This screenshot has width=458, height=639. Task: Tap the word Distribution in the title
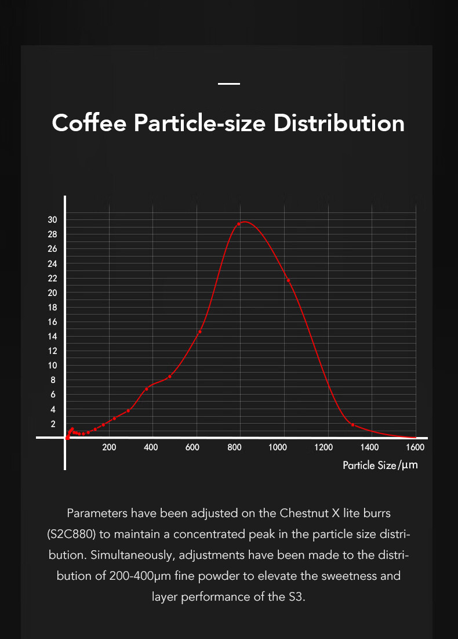click(x=339, y=123)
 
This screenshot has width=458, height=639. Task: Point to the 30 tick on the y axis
click(x=52, y=219)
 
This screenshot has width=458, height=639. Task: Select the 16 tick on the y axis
click(x=52, y=322)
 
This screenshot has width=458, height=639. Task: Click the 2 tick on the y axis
click(x=53, y=424)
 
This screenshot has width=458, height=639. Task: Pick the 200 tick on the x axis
click(x=109, y=447)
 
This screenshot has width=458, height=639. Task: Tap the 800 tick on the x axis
click(x=235, y=447)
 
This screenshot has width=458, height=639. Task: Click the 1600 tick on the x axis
click(x=415, y=447)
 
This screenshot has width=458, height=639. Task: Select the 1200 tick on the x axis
click(x=323, y=447)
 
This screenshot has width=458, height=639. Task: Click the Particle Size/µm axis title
click(x=380, y=465)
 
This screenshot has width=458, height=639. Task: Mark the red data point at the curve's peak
click(x=239, y=224)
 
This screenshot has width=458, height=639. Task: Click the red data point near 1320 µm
click(x=352, y=425)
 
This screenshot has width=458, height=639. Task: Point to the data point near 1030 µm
click(x=288, y=280)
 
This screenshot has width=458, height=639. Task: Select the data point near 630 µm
click(x=200, y=332)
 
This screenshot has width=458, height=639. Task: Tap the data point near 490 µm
click(x=169, y=377)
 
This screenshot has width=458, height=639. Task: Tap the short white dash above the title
click(x=229, y=84)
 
